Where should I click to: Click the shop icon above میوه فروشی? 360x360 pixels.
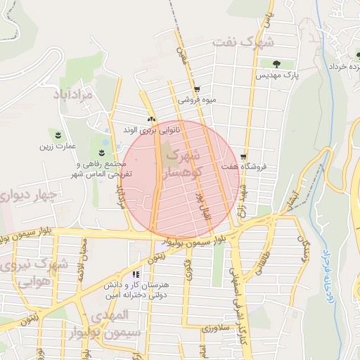pyautogui.click(x=197, y=89)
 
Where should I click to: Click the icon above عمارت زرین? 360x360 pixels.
pyautogui.click(x=58, y=134)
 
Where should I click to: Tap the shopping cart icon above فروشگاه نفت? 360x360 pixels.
pyautogui.click(x=243, y=157)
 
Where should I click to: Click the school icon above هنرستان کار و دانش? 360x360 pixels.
pyautogui.click(x=136, y=274)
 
